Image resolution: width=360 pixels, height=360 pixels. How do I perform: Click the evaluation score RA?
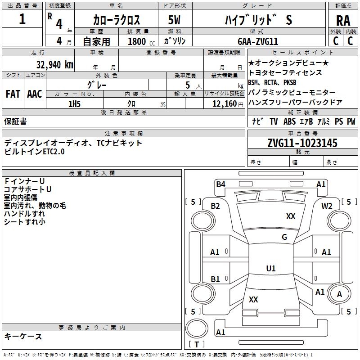click(x=343, y=21)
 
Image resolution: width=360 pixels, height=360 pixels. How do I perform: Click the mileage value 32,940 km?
click(x=54, y=64)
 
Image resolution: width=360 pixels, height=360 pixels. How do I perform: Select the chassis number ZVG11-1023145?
click(x=302, y=143)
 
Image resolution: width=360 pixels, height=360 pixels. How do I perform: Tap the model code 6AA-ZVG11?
click(x=258, y=41)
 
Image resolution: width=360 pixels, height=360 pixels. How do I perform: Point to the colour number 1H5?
click(x=74, y=104)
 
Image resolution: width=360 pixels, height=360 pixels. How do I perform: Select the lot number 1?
click(x=22, y=19)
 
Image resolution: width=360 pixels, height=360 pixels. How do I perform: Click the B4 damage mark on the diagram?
click(x=220, y=184)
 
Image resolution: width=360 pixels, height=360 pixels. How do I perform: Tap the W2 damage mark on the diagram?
click(x=327, y=206)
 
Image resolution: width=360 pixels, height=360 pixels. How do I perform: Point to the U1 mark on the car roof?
click(x=270, y=269)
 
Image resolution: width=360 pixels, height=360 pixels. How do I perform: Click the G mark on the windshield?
click(x=284, y=237)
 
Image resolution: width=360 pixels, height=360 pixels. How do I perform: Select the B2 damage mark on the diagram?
click(x=216, y=206)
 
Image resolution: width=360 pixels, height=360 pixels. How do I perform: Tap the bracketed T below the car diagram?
click(x=197, y=344)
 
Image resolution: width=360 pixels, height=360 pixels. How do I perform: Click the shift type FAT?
click(x=13, y=94)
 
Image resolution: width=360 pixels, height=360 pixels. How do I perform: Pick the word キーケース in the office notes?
click(x=23, y=336)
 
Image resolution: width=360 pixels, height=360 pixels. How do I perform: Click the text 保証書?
click(x=15, y=121)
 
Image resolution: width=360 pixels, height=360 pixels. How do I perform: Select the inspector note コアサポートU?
click(x=27, y=189)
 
